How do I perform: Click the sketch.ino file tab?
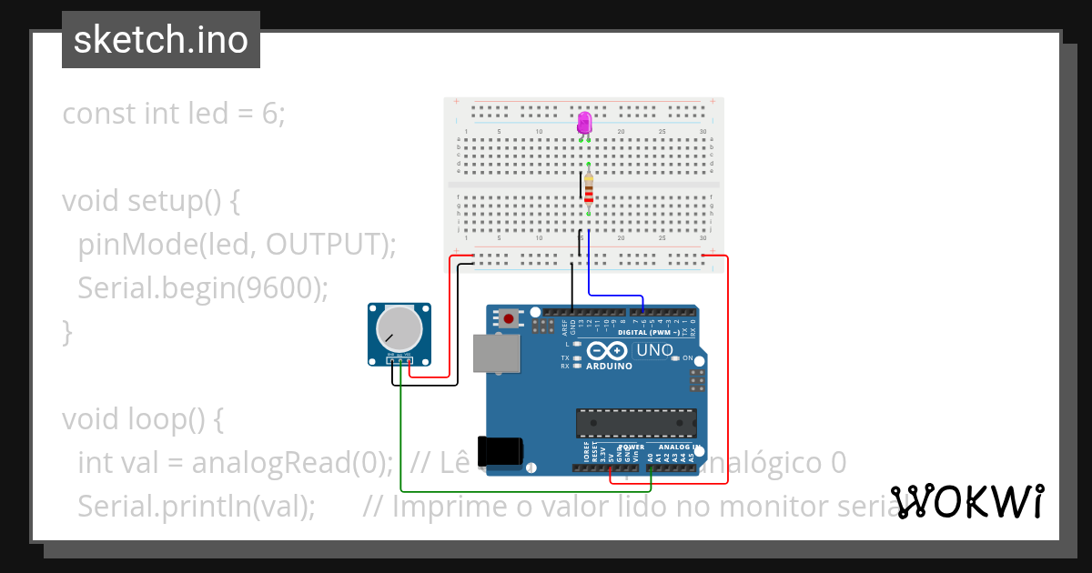tap(161, 40)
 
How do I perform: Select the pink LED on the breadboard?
tap(584, 123)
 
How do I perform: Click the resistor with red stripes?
tap(589, 192)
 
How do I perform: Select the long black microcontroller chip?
tap(635, 423)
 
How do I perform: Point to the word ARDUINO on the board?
tap(610, 366)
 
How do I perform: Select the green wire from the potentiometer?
tap(510, 492)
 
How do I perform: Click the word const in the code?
tap(99, 114)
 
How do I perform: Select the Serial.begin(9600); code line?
tap(202, 287)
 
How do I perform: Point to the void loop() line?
tap(143, 418)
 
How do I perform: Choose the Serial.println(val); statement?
tap(197, 506)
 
